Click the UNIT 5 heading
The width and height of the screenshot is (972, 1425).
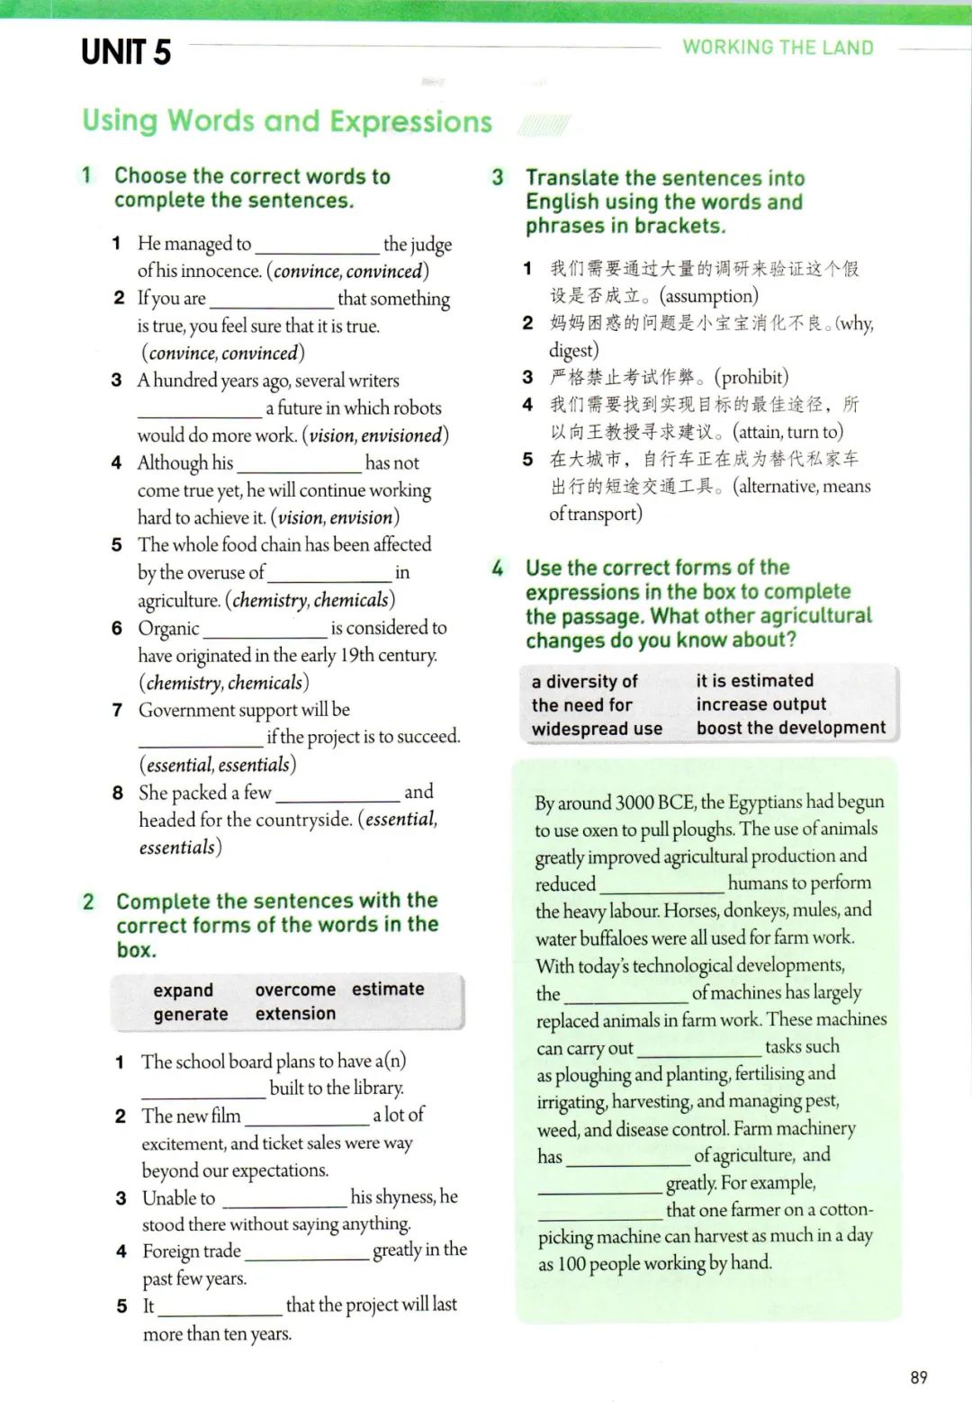click(126, 52)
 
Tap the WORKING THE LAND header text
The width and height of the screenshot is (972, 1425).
click(778, 48)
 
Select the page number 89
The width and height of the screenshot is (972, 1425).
click(918, 1377)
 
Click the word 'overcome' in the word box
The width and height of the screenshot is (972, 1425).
click(295, 990)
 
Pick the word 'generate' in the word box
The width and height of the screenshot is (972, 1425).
click(191, 1014)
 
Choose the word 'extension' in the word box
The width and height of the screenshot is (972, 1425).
click(295, 1014)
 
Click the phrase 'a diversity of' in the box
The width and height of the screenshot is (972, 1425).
click(584, 681)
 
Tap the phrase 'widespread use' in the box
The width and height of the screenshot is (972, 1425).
click(597, 729)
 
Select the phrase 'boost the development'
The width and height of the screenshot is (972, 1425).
click(791, 728)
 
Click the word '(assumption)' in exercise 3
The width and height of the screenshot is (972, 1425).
click(709, 296)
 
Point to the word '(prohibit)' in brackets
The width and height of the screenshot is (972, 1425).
click(751, 377)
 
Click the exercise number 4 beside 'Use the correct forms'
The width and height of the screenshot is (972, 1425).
click(498, 568)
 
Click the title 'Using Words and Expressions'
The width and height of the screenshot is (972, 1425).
click(287, 121)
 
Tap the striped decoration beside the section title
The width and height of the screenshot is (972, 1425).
click(544, 125)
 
